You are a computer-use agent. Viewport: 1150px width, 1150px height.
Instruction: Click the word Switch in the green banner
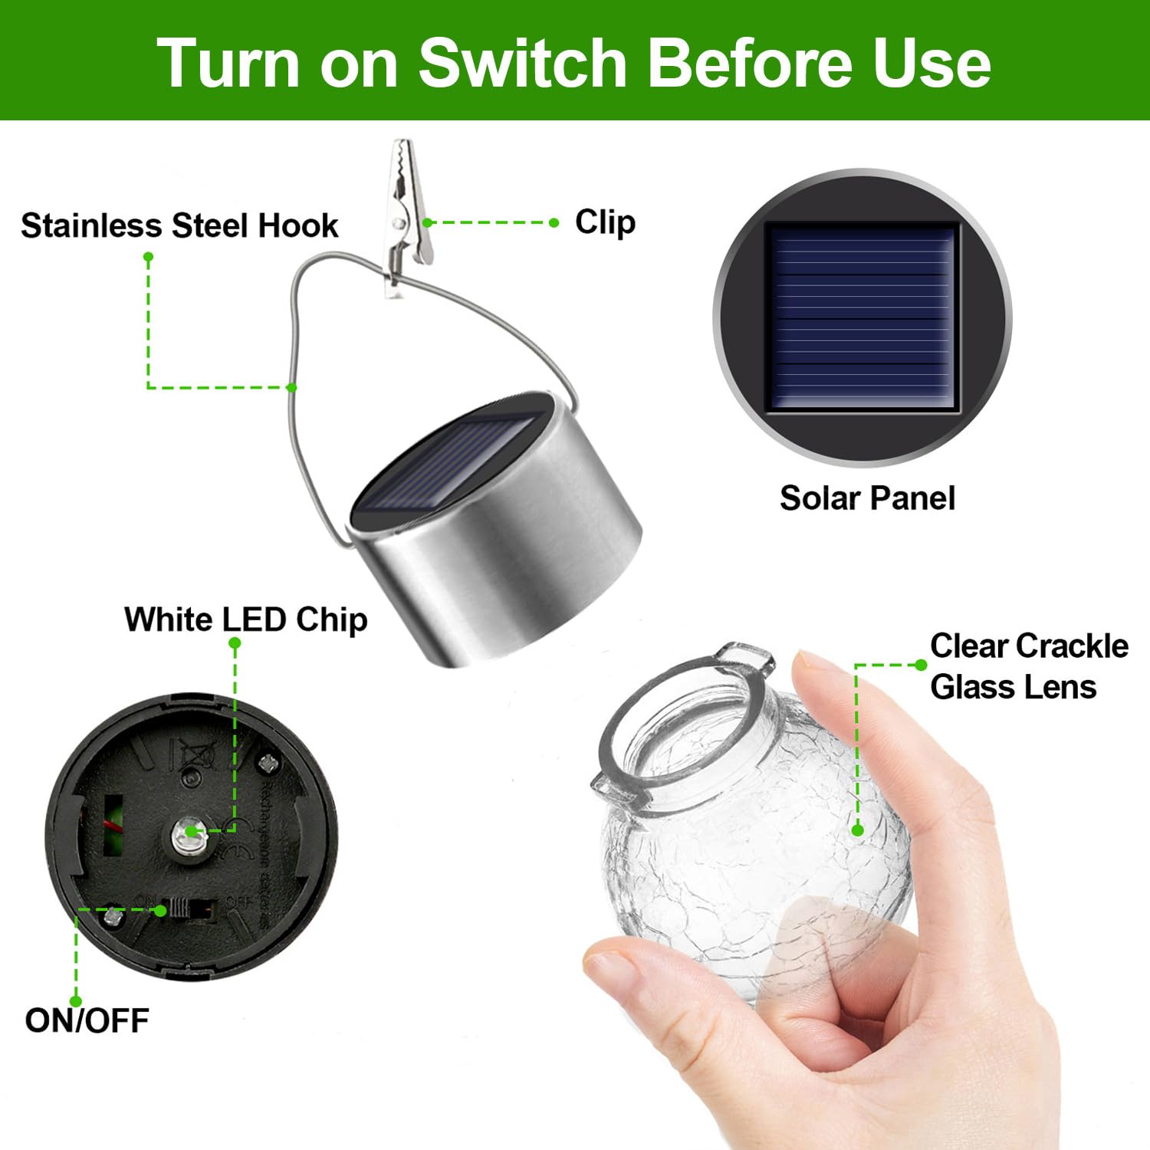[x=523, y=63]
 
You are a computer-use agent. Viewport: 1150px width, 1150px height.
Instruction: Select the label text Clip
[x=605, y=222]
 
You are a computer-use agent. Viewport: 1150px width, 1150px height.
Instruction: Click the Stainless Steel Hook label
[x=179, y=225]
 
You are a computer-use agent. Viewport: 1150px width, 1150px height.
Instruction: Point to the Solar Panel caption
[x=867, y=498]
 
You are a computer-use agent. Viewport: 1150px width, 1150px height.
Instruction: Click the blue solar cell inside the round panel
[x=863, y=317]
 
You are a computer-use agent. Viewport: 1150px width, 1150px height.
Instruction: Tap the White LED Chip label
[x=245, y=619]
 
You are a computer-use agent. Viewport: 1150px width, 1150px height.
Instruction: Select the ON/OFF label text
[x=87, y=1020]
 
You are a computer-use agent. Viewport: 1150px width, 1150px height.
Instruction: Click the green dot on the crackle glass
[x=858, y=830]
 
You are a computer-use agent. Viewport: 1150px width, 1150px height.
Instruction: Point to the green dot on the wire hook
[x=292, y=387]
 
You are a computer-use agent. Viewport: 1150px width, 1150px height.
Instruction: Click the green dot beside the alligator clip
[x=428, y=222]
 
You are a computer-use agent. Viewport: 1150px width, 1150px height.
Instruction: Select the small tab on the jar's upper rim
[x=745, y=655]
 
